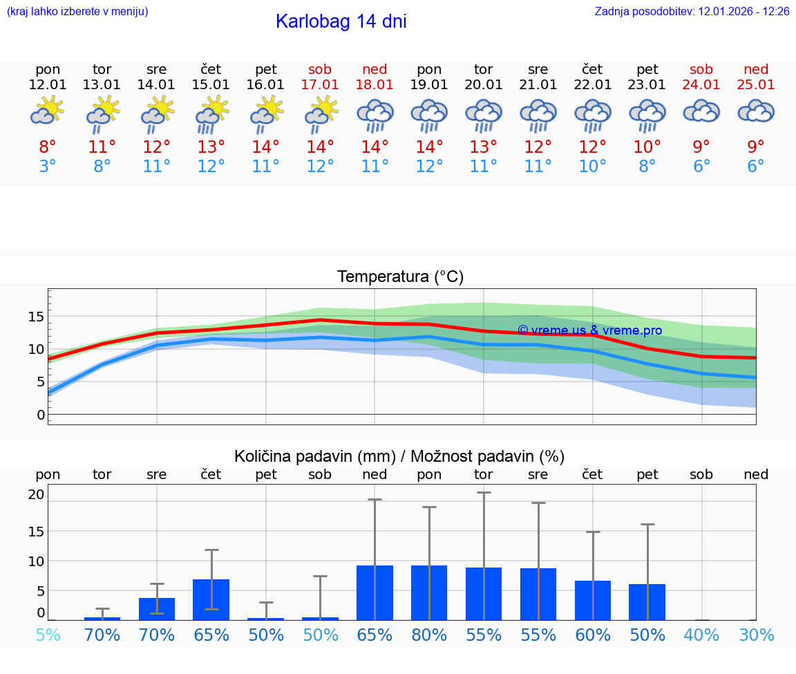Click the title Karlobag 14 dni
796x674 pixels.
(x=341, y=21)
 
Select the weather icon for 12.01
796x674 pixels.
(x=47, y=111)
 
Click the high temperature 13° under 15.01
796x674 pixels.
(x=211, y=147)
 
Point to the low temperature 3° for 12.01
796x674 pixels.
(x=48, y=167)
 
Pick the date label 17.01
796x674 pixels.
(x=320, y=84)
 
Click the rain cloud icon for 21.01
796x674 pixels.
(x=538, y=115)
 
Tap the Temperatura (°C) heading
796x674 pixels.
(x=400, y=277)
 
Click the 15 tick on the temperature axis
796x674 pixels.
(x=36, y=317)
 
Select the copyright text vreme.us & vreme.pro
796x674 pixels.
(x=589, y=330)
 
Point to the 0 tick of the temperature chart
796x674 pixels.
(x=40, y=415)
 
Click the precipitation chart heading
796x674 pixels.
(x=399, y=456)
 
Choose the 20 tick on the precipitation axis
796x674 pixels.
(x=36, y=494)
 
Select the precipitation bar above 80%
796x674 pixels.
(x=429, y=592)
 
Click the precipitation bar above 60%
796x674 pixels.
(x=593, y=600)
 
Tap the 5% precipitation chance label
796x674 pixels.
(x=48, y=635)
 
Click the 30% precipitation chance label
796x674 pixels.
(x=756, y=635)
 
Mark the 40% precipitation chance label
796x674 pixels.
(x=701, y=635)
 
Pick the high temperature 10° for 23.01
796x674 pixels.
(x=647, y=147)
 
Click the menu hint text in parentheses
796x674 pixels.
(x=77, y=12)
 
